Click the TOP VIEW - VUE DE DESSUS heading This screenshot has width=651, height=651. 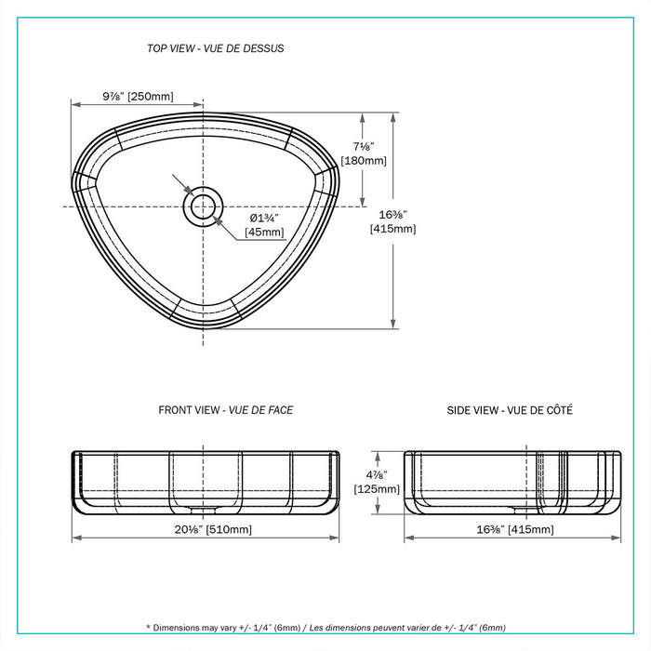(215, 48)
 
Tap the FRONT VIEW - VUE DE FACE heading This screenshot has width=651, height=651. (225, 409)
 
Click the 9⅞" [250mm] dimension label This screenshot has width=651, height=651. (138, 96)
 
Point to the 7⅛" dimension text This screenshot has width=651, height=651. (363, 146)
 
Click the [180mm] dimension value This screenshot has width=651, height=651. (363, 161)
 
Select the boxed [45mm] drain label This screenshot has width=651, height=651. (265, 232)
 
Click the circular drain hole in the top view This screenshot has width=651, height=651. (202, 206)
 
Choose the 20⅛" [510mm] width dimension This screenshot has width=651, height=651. (206, 529)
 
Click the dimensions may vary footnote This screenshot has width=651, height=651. (325, 628)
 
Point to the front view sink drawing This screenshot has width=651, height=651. (206, 481)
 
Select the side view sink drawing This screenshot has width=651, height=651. (512, 481)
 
